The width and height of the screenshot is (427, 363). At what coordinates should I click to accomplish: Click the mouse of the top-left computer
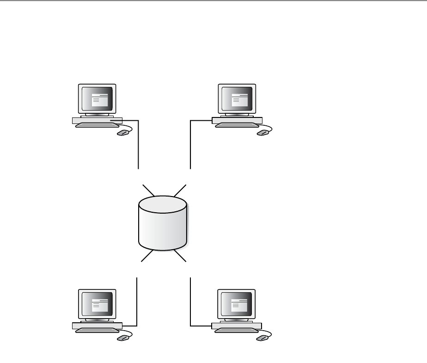pyautogui.click(x=122, y=133)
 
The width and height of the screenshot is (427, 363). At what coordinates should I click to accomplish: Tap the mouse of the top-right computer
pyautogui.click(x=262, y=133)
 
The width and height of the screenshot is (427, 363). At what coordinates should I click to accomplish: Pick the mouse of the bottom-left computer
pyautogui.click(x=122, y=338)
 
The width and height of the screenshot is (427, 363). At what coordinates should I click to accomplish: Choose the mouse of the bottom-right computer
pyautogui.click(x=262, y=338)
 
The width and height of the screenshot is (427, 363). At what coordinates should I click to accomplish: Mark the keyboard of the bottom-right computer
pyautogui.click(x=236, y=330)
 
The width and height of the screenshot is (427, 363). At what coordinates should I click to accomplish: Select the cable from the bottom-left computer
pyautogui.click(x=137, y=301)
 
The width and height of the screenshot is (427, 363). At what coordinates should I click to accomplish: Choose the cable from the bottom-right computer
pyautogui.click(x=190, y=301)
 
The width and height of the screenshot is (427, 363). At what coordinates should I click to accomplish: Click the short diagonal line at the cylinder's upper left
pyautogui.click(x=149, y=191)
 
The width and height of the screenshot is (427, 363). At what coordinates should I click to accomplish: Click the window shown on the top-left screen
pyautogui.click(x=100, y=99)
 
